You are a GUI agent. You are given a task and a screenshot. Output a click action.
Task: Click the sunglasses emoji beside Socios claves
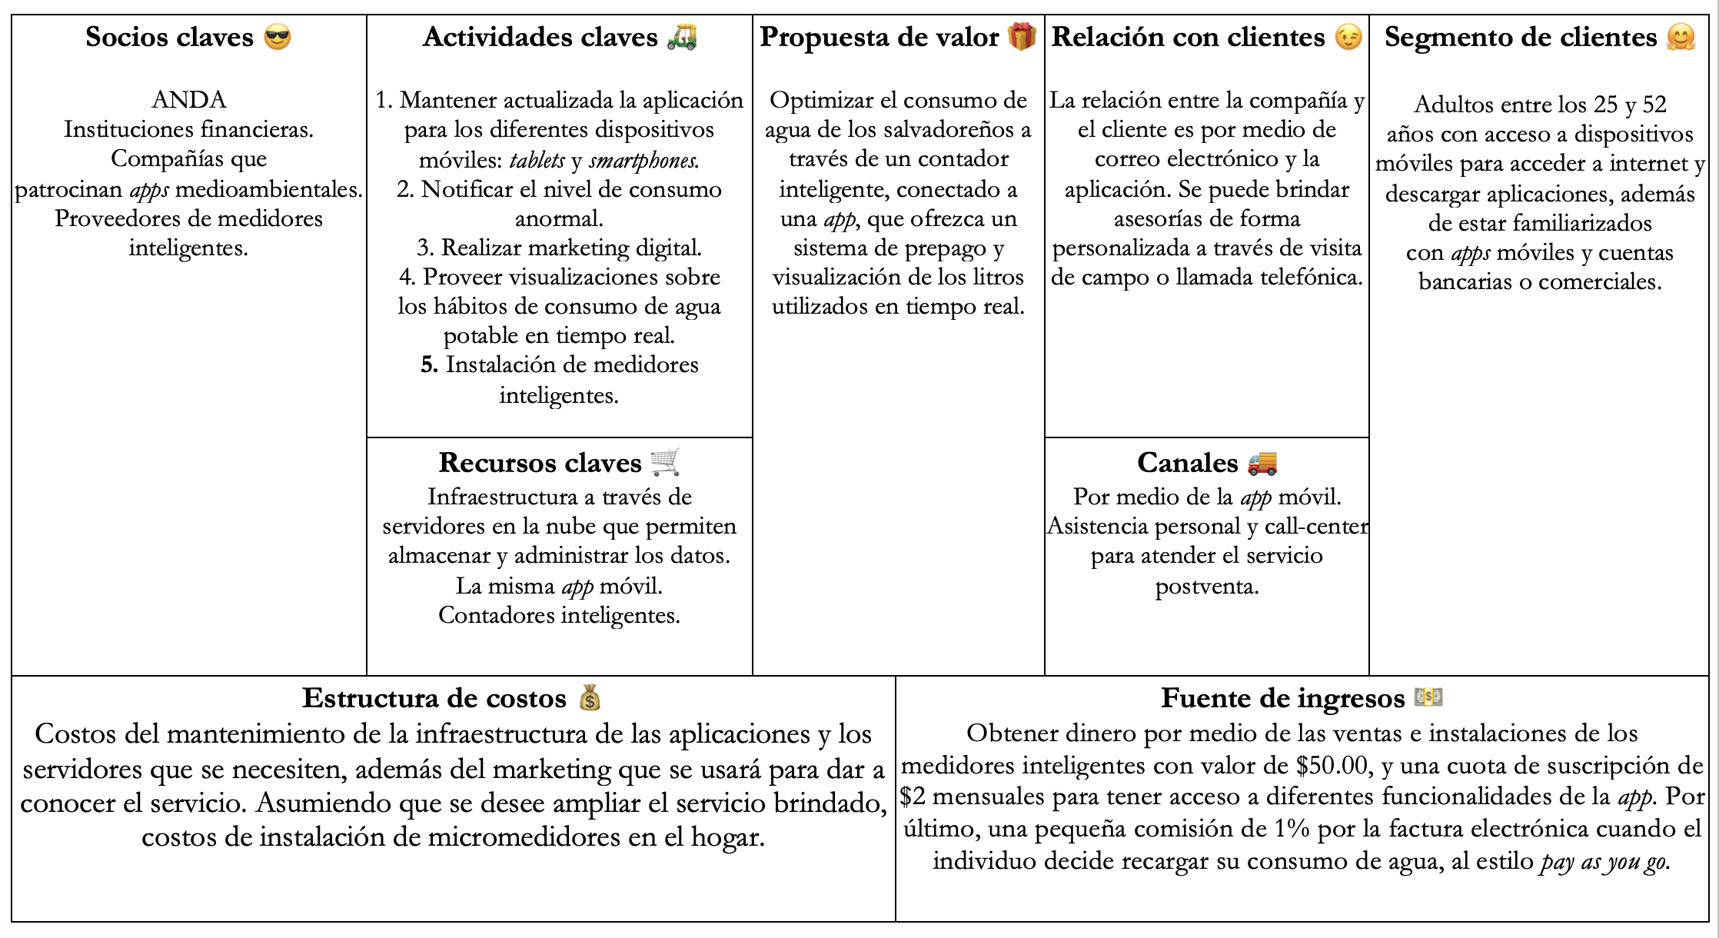coord(278,37)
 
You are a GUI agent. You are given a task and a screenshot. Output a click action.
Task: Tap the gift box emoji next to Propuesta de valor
coord(1022,36)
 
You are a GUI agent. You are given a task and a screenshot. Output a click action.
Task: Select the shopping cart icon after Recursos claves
coord(665,462)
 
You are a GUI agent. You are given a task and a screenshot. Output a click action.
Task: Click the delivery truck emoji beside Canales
coord(1262,462)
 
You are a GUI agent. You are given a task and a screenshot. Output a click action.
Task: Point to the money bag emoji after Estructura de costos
coord(590,697)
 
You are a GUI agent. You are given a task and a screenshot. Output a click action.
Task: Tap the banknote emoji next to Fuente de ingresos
coord(1428,697)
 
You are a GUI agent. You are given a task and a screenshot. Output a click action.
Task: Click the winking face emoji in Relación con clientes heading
coord(1348,37)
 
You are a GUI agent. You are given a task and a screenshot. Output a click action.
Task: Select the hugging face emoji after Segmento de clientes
coord(1681,37)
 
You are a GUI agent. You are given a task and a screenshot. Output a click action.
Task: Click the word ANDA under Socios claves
coord(189,100)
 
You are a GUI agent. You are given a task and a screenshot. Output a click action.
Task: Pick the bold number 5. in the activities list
coord(429,364)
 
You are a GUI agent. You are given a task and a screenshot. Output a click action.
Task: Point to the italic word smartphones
coord(644,160)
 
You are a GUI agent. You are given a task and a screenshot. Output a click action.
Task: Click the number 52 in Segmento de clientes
coord(1654,104)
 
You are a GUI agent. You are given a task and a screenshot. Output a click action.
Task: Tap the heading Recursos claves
coord(540,462)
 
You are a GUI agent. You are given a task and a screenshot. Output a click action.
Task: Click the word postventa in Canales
coord(1206,586)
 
